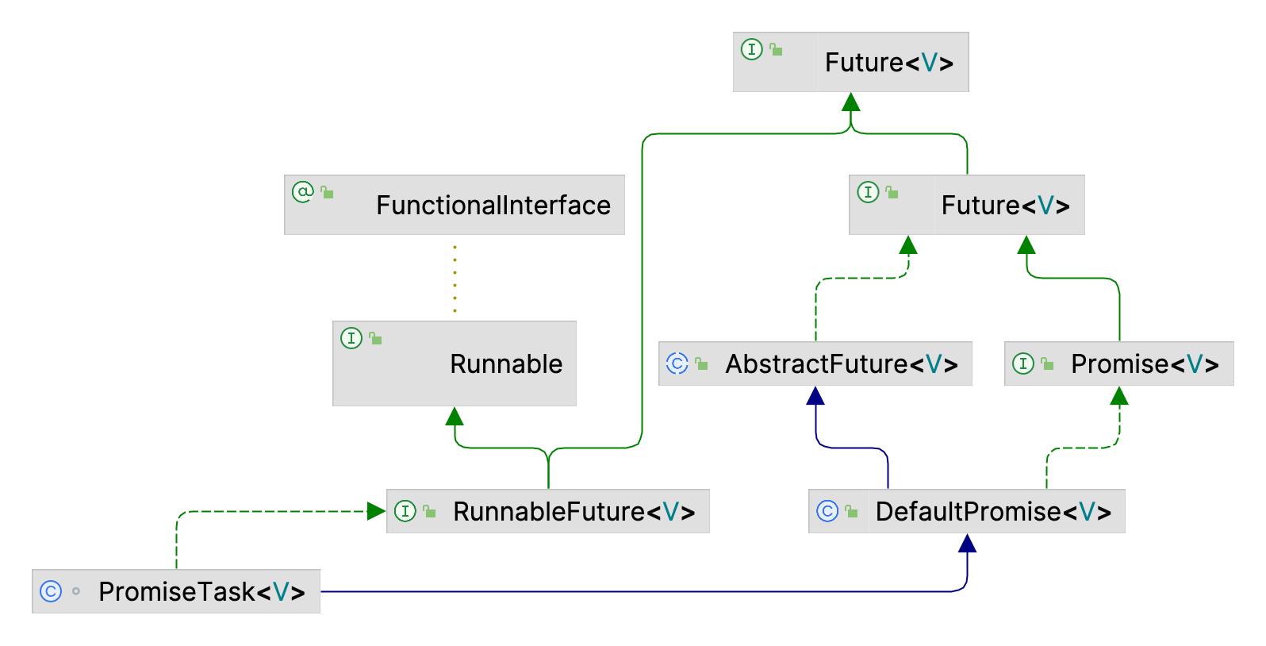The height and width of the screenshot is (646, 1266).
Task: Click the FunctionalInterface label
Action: (x=493, y=205)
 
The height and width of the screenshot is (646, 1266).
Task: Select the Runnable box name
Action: (x=506, y=363)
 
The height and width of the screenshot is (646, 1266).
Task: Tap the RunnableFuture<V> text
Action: (x=574, y=511)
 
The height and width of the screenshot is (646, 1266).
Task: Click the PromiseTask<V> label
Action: (x=201, y=592)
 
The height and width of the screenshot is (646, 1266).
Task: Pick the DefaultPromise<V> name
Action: (x=994, y=511)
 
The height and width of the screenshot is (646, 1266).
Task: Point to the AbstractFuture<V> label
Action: (x=842, y=363)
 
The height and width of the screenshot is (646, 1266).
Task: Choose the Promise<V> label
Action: (x=1145, y=363)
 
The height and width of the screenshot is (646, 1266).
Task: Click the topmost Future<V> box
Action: (x=850, y=62)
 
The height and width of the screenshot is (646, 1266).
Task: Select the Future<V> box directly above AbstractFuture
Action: (x=966, y=205)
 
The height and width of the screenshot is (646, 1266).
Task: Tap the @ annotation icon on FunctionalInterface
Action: (x=302, y=192)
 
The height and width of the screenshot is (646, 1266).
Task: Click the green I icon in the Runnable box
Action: (x=351, y=338)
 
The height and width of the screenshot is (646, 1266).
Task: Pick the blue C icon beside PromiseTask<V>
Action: (x=50, y=592)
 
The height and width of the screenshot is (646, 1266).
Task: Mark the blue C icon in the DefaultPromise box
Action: (x=827, y=511)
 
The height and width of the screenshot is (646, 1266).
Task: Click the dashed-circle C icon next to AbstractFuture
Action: (x=677, y=363)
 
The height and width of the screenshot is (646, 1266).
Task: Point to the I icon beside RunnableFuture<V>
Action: (x=405, y=511)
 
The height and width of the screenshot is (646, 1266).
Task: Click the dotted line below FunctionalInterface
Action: (x=455, y=279)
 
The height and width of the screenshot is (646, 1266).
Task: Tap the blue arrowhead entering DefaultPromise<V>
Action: (x=967, y=543)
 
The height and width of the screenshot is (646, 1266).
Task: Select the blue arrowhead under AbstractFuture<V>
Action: (x=815, y=395)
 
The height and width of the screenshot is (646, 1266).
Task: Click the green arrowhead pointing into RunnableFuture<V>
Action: (x=377, y=511)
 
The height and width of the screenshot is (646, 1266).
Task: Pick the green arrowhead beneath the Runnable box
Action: (x=455, y=416)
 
